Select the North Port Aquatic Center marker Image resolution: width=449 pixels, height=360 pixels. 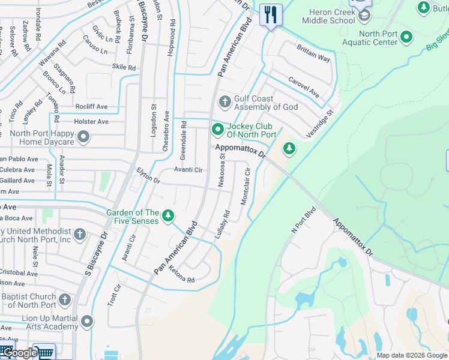407,37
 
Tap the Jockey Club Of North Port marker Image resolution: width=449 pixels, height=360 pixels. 217,130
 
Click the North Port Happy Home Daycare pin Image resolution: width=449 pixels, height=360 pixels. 83,137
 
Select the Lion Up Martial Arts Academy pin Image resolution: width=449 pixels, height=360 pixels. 87,322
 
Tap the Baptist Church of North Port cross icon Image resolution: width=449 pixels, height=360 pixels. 65,299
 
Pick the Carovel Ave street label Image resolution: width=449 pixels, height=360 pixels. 304,86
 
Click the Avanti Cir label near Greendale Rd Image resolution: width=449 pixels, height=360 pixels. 188,170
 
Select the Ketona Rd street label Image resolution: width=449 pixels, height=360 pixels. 182,280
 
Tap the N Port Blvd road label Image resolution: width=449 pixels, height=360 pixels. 303,220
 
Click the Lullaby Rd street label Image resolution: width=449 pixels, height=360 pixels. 222,223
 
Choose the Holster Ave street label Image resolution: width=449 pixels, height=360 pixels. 91,122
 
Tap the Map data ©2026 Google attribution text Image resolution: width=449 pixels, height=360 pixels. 411,355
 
